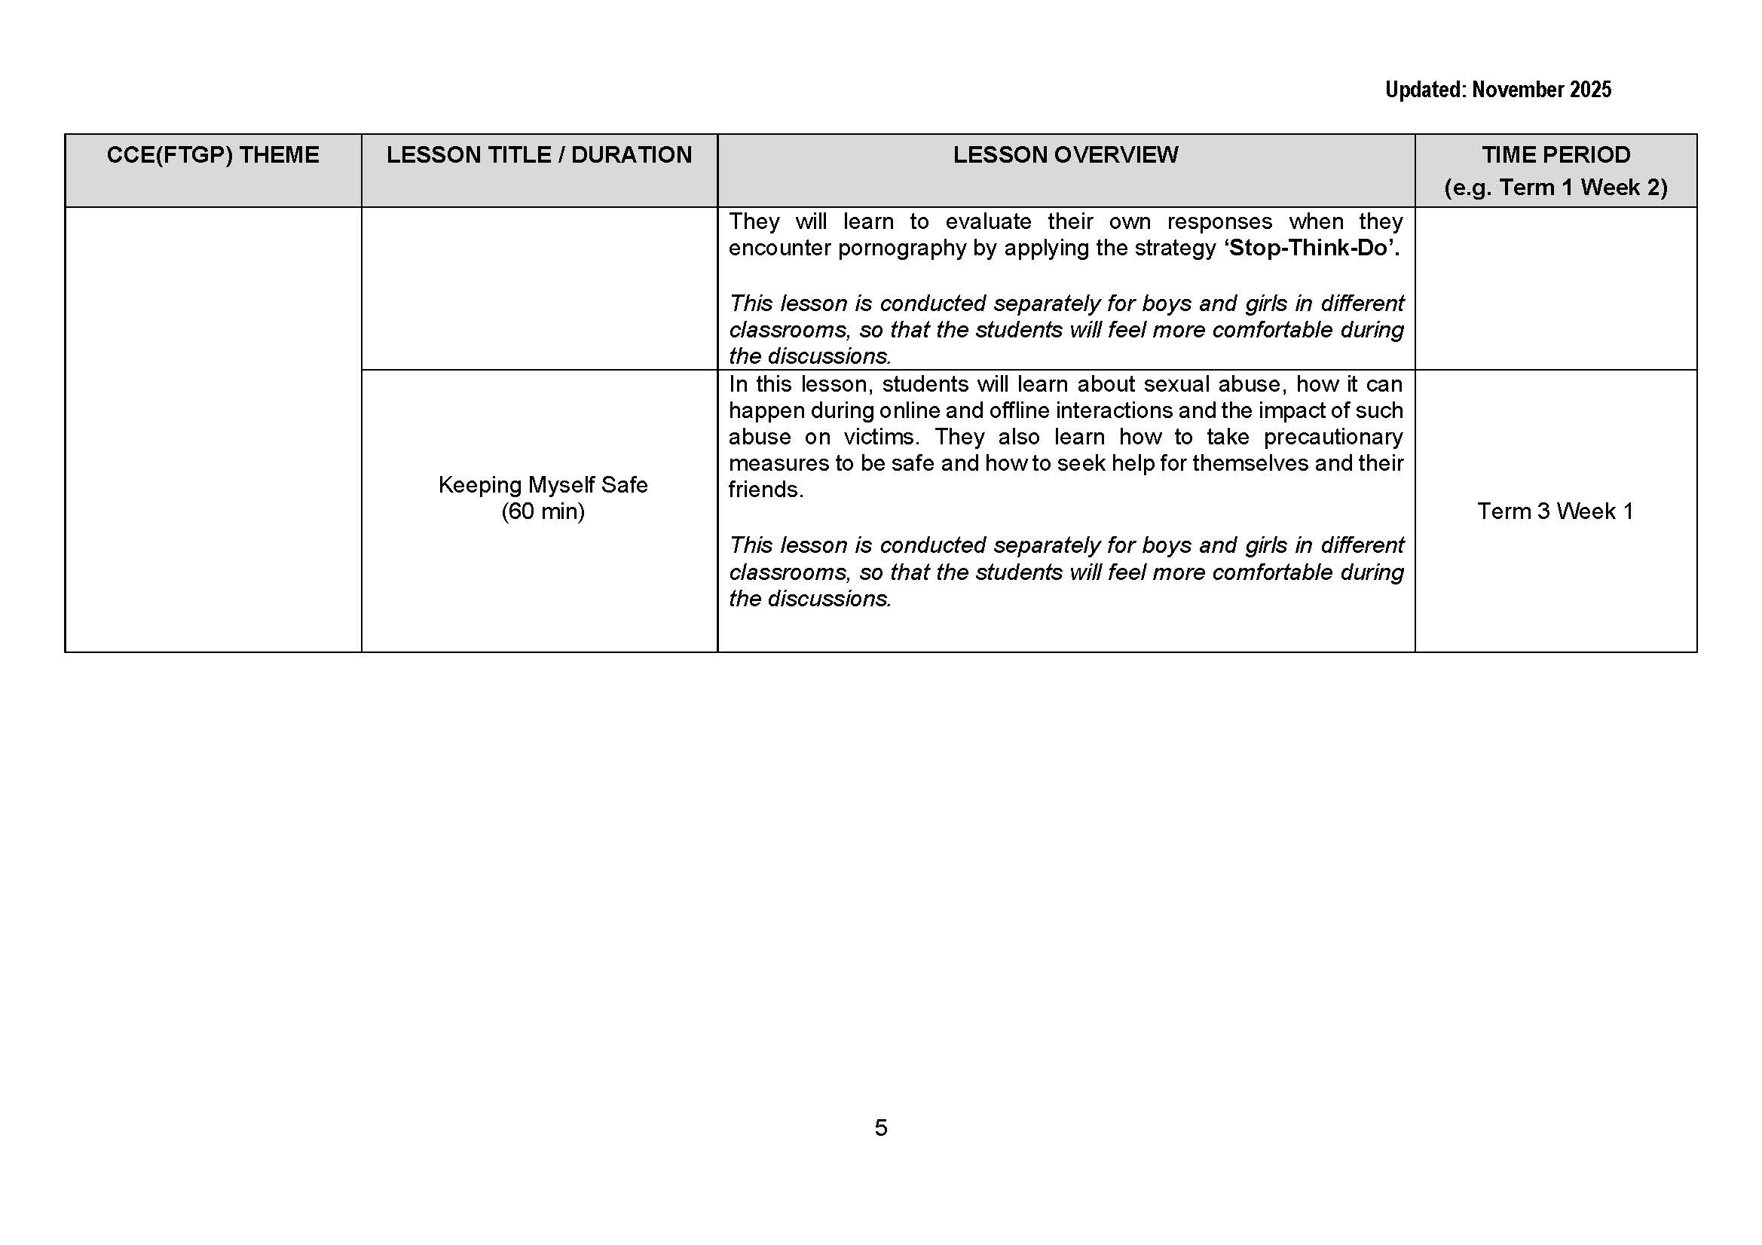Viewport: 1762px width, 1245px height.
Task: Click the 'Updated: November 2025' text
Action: coord(1497,90)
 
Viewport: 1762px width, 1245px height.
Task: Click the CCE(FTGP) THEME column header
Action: coord(213,155)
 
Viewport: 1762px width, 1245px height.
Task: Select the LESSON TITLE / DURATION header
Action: coord(539,155)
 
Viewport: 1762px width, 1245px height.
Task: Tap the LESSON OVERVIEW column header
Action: coord(1065,155)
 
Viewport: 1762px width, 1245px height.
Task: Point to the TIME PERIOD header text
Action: coord(1556,155)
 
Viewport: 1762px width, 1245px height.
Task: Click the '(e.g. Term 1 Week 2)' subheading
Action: coord(1556,188)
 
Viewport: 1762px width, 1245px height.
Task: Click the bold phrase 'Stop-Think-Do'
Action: coord(1308,248)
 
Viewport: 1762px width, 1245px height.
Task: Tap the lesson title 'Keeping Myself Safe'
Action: coord(543,485)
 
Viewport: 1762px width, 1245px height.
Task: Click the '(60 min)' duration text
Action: coord(543,511)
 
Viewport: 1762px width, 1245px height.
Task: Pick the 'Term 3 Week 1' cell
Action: coord(1555,511)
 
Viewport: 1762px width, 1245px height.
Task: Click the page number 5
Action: coord(880,1128)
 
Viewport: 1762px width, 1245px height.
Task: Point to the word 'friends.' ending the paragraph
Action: coord(765,490)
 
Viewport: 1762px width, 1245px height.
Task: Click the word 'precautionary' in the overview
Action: coord(1333,438)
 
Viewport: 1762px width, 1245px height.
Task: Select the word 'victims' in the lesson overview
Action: coord(879,438)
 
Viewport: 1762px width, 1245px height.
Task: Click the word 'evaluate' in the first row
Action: coord(988,221)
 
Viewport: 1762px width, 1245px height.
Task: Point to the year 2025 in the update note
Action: coord(1590,90)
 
